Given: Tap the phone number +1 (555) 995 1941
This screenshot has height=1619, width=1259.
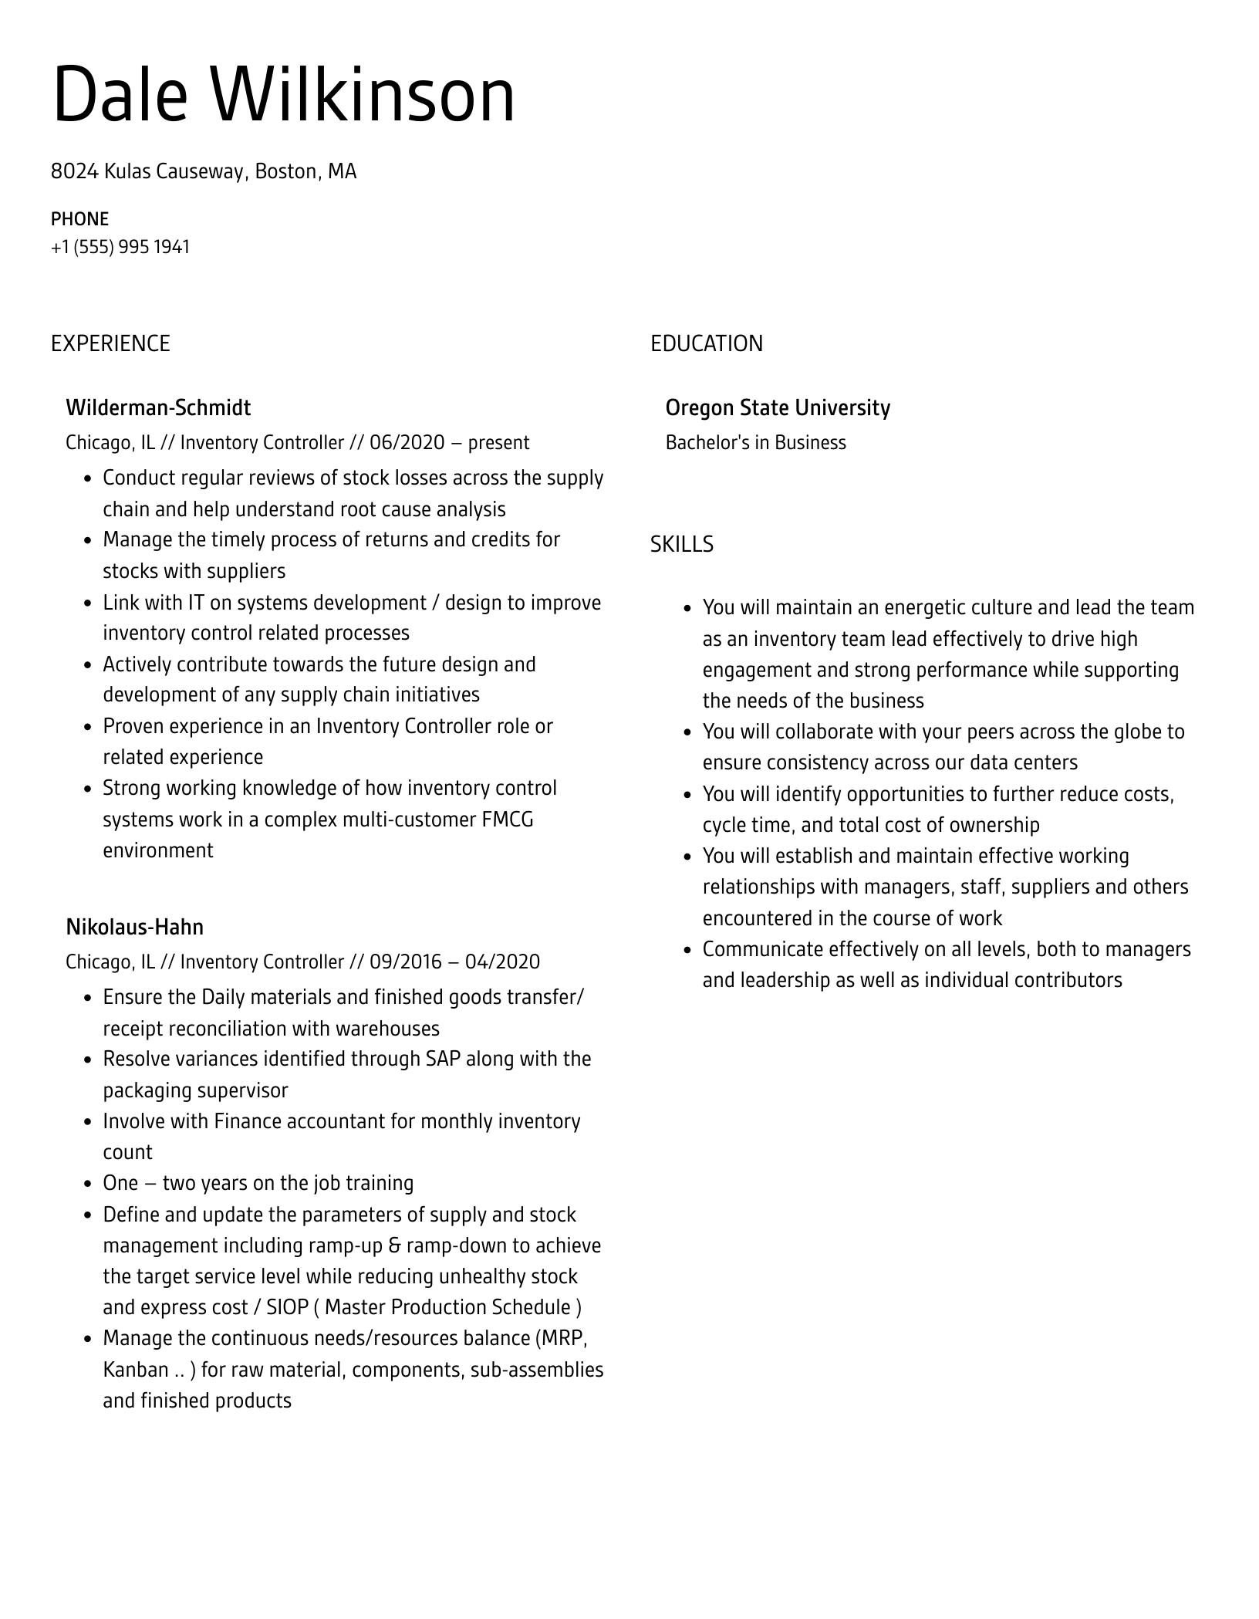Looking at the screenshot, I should [120, 247].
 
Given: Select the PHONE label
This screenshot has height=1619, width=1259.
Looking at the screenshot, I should [79, 219].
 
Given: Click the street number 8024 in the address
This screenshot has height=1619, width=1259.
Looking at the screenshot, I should [74, 171].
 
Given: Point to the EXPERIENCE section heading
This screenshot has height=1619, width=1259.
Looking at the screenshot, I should [110, 343].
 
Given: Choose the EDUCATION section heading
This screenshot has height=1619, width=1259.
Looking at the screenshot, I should [706, 343].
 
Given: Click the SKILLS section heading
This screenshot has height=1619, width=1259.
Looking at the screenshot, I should [681, 545].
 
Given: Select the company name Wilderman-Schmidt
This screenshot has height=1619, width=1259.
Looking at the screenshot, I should [158, 407].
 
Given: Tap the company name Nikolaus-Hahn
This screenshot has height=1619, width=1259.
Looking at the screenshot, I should [134, 927].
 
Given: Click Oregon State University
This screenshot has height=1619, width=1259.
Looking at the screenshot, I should [777, 407].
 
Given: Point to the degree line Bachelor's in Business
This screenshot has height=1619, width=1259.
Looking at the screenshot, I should [755, 443].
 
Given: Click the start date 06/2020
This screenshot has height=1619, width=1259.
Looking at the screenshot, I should [407, 443].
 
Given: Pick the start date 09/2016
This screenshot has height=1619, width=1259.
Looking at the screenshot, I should [407, 962].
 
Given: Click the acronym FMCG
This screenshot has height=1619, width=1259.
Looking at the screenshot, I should [508, 820].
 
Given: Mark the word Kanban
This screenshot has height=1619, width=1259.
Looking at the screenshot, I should [136, 1370].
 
